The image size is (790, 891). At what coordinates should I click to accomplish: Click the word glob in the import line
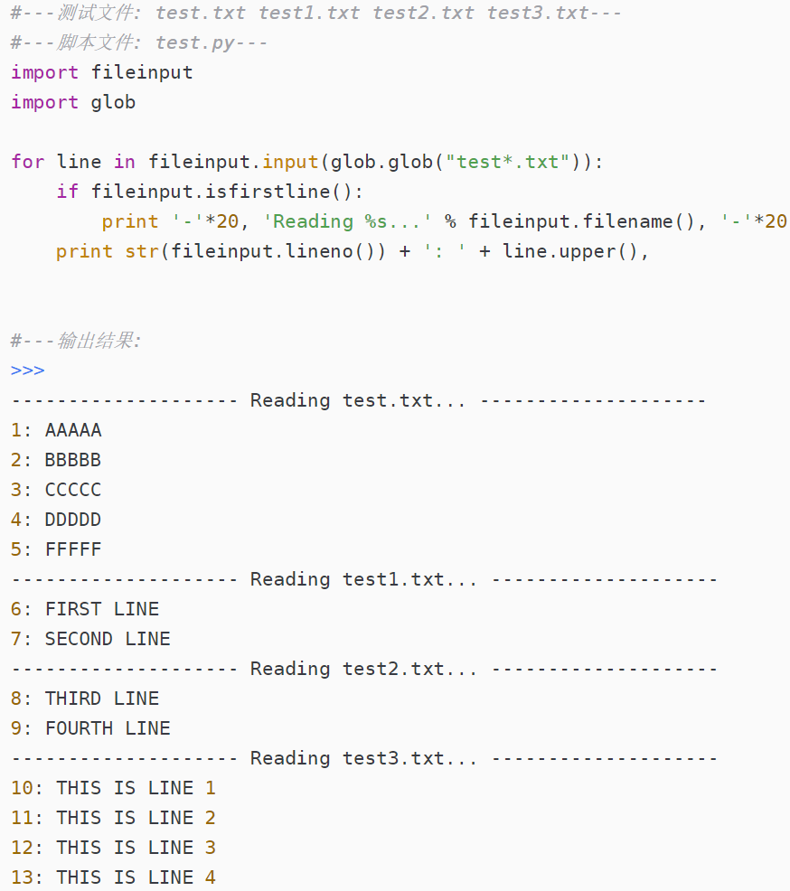(113, 102)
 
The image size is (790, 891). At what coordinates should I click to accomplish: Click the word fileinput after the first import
(142, 72)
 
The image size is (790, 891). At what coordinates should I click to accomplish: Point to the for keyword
(27, 162)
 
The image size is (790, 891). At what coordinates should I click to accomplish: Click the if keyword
(67, 192)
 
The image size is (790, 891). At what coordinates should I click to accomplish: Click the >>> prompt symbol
(27, 370)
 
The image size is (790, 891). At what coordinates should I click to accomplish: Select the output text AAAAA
(73, 430)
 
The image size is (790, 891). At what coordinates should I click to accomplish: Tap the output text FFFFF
(73, 549)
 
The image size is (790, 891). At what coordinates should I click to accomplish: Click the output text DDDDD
(73, 520)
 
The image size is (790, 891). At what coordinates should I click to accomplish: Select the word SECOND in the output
(79, 639)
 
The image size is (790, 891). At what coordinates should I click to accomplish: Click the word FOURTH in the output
(79, 728)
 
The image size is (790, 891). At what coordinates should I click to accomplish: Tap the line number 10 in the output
(22, 788)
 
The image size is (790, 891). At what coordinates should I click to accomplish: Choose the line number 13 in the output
(22, 877)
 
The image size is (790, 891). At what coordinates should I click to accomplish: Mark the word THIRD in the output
(73, 699)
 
